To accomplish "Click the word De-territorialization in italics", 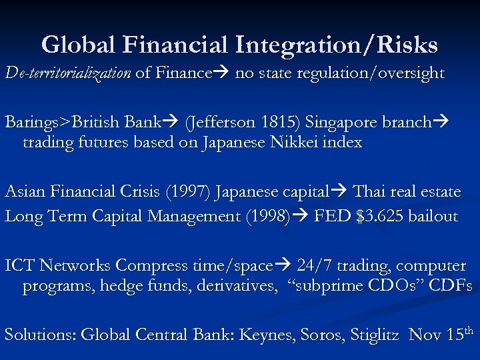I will click(x=67, y=73).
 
